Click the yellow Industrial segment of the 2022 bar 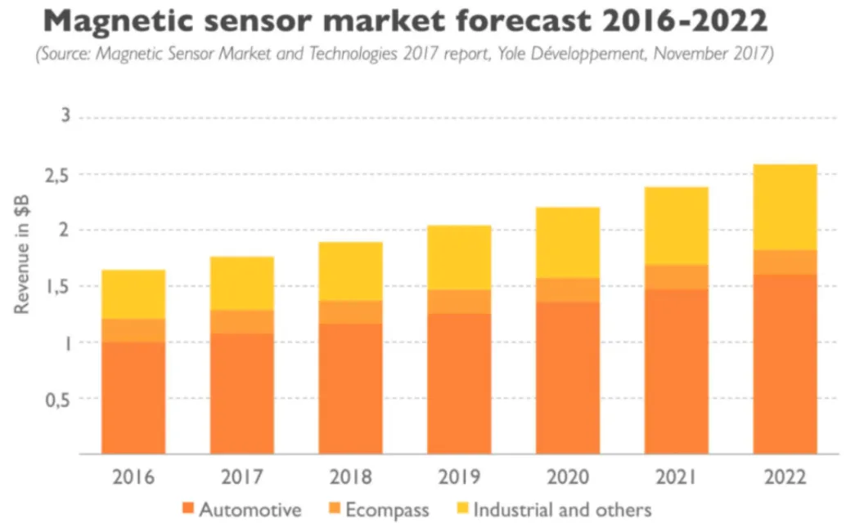pos(785,207)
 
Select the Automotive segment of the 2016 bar pos(133,397)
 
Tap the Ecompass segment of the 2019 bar pos(459,302)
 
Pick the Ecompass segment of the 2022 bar pos(785,262)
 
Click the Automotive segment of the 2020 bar pos(568,378)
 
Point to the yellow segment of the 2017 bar pos(242,283)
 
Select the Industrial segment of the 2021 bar pos(677,226)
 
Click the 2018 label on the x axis pos(351,477)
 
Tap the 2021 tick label pos(677,477)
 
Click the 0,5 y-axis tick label pos(61,399)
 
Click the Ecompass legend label pos(387,510)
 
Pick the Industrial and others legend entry pos(562,510)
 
